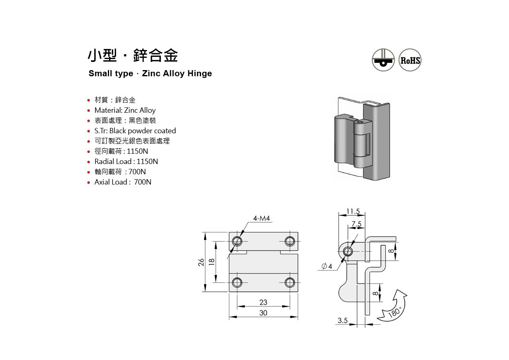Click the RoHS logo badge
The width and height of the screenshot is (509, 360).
coord(410,60)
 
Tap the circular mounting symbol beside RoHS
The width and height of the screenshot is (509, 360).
coord(383,60)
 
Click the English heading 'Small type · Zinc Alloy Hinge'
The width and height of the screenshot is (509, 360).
coord(150,74)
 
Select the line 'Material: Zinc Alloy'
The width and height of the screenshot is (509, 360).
coord(125,110)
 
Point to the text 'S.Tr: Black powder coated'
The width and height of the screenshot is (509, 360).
coord(135,131)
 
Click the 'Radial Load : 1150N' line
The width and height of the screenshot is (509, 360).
coord(126,162)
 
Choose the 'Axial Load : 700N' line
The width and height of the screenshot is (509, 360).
coord(123,182)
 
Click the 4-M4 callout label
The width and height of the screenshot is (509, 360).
coord(262,219)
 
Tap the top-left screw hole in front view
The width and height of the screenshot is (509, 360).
coord(237,241)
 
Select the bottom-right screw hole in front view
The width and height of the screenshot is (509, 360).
coord(290,282)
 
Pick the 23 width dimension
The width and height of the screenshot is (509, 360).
coord(263,302)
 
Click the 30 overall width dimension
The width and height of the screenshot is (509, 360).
coord(263,313)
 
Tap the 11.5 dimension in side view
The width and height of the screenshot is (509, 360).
coord(353,212)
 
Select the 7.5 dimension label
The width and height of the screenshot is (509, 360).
coord(356,224)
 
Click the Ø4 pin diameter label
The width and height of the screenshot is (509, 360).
coord(327,267)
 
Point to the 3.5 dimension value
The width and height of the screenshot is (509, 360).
coord(342,321)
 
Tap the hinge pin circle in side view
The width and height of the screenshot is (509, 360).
coord(348,251)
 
